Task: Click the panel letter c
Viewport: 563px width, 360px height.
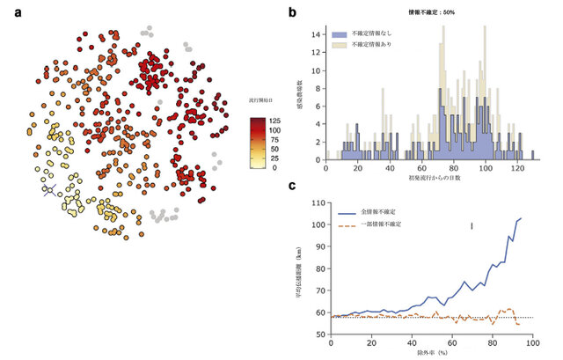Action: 292,186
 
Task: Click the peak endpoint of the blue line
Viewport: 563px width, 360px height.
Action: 522,217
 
